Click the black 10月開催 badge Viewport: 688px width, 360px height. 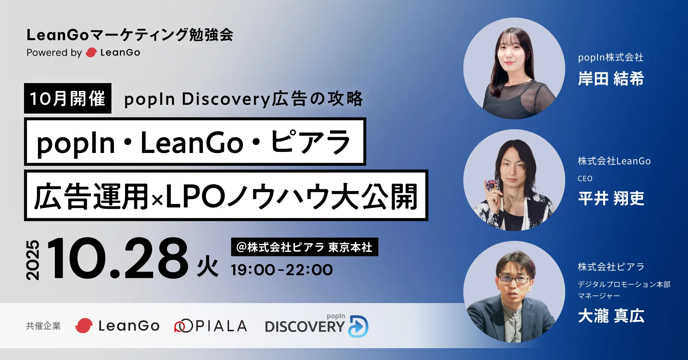click(68, 98)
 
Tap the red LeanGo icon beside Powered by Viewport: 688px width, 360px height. click(91, 53)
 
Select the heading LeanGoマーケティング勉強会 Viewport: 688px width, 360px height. click(130, 35)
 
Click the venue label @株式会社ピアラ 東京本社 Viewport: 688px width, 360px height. click(305, 247)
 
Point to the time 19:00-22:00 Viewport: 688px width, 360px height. click(282, 270)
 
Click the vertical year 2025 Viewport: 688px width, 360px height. click(33, 260)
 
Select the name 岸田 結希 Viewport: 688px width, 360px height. click(611, 78)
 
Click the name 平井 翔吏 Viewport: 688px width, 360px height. click(611, 198)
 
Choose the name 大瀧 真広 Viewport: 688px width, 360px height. click(611, 316)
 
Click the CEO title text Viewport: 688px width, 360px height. click(585, 178)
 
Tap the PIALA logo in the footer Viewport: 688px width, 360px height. click(211, 326)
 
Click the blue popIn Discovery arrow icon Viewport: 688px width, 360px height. click(359, 326)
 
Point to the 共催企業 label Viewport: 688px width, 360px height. click(43, 326)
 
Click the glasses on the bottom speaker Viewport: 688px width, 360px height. click(515, 279)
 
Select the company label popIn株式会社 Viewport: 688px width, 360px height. click(611, 57)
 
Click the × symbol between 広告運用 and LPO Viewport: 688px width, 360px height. click(157, 201)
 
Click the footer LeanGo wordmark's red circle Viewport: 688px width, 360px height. click(84, 326)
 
